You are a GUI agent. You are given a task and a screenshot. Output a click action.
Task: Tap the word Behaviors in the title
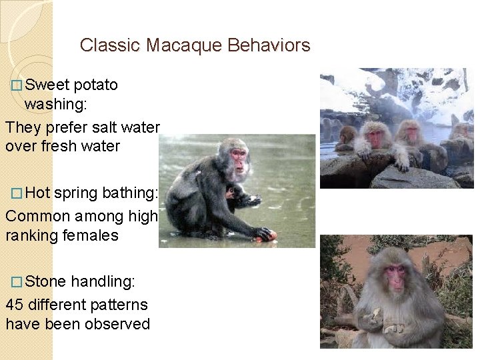(x=269, y=45)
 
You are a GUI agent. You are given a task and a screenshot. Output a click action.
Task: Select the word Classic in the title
(x=110, y=45)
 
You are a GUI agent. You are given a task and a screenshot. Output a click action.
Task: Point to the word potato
(x=96, y=85)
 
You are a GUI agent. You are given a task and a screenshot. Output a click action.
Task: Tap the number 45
(x=15, y=305)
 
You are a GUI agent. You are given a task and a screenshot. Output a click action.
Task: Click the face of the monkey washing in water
(x=238, y=161)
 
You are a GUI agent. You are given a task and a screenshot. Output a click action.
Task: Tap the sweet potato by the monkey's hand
(x=273, y=235)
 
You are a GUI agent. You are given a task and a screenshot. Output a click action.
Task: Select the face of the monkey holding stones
(x=395, y=278)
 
